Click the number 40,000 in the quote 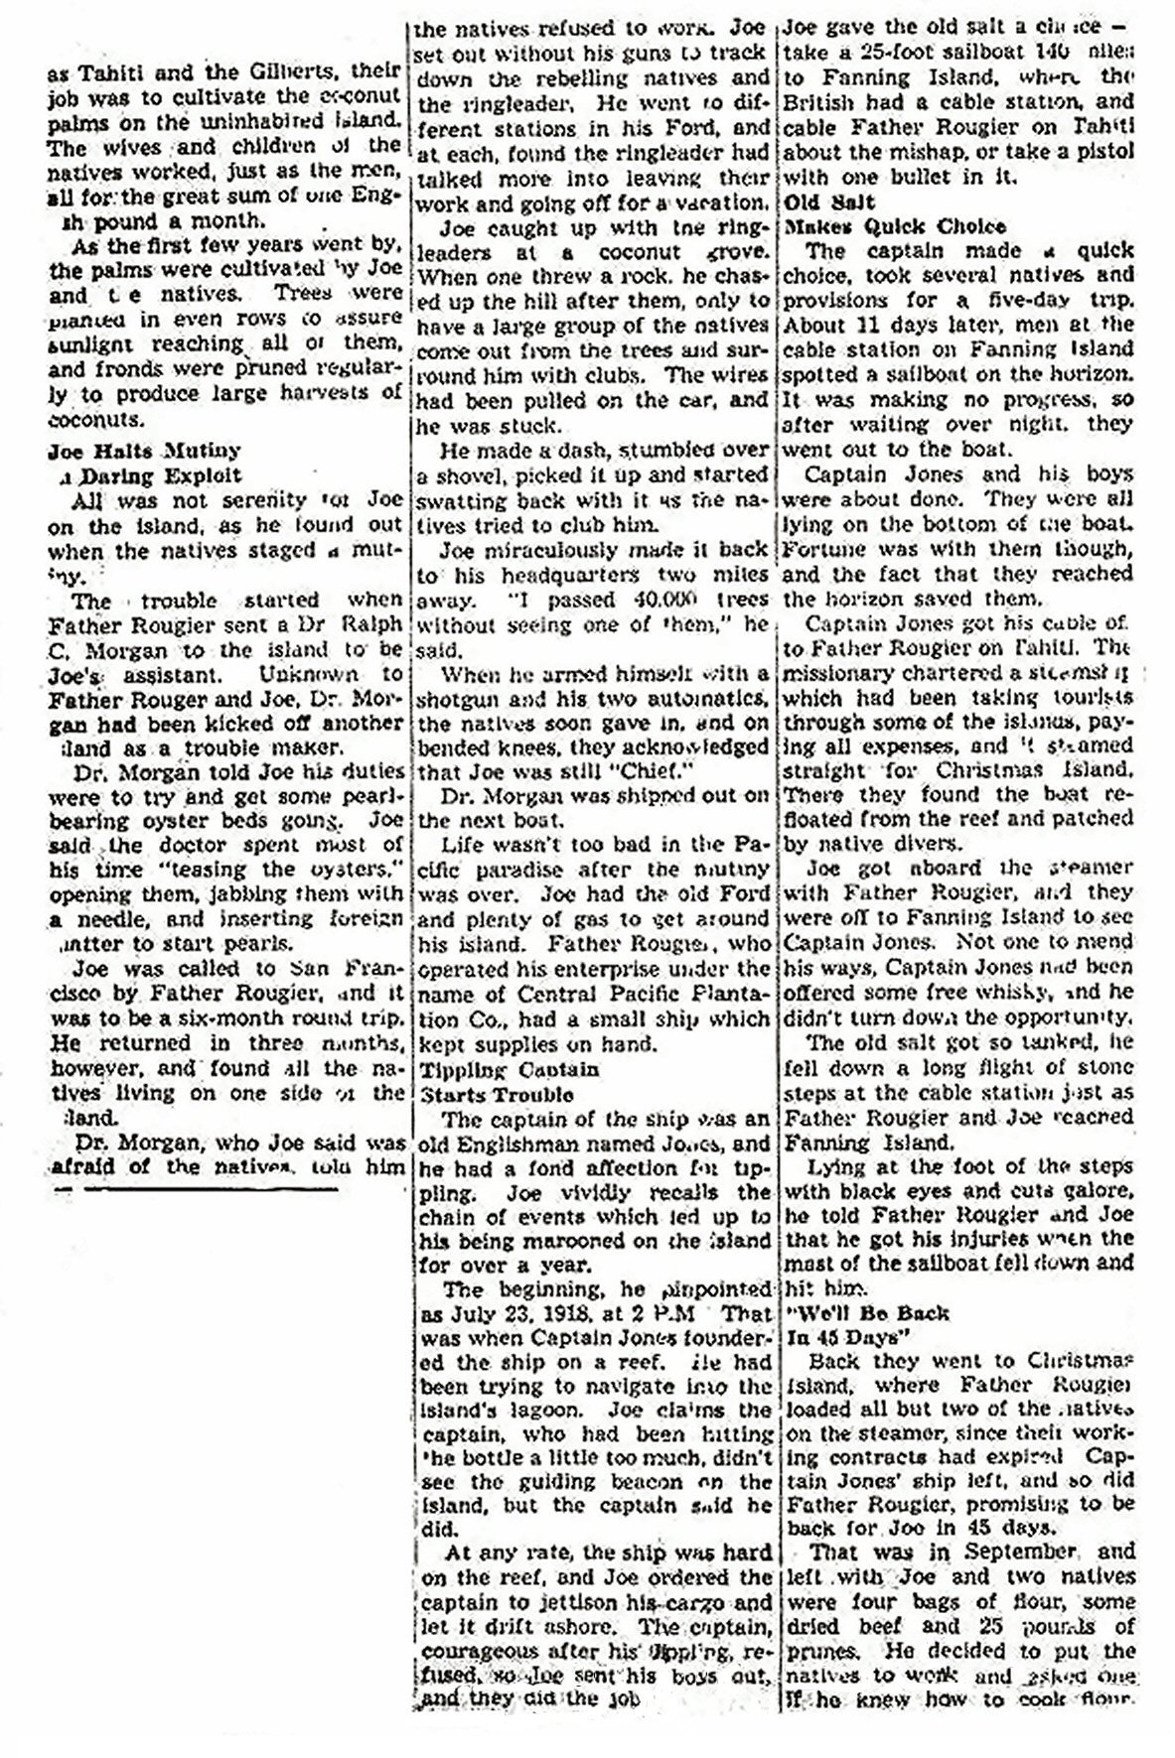click(632, 600)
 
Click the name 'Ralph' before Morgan click(367, 625)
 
